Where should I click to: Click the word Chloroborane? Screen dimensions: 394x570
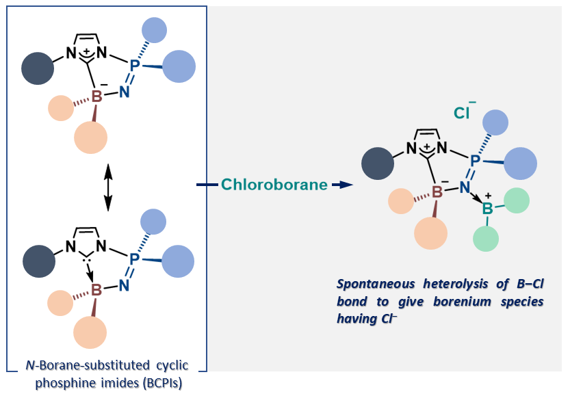(x=274, y=185)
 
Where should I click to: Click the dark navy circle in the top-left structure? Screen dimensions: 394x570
(x=38, y=70)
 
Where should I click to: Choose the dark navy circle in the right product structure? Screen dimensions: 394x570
(x=376, y=163)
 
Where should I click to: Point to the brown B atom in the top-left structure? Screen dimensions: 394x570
(x=96, y=98)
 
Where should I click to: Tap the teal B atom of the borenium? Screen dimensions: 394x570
(x=488, y=209)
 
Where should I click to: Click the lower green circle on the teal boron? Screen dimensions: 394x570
(x=487, y=238)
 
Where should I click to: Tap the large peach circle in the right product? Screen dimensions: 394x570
(x=431, y=233)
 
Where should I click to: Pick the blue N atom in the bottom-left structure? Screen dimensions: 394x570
(x=123, y=285)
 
